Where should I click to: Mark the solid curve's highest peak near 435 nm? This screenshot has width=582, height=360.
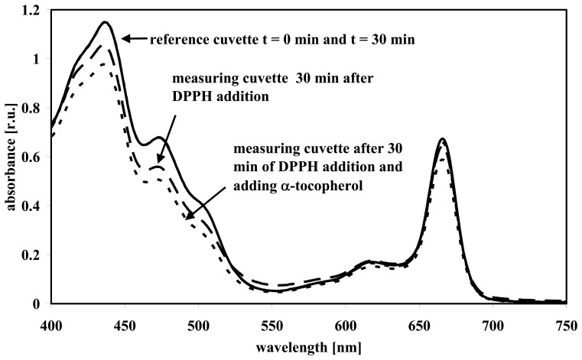click(105, 22)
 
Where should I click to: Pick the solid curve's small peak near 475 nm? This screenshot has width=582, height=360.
click(159, 138)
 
